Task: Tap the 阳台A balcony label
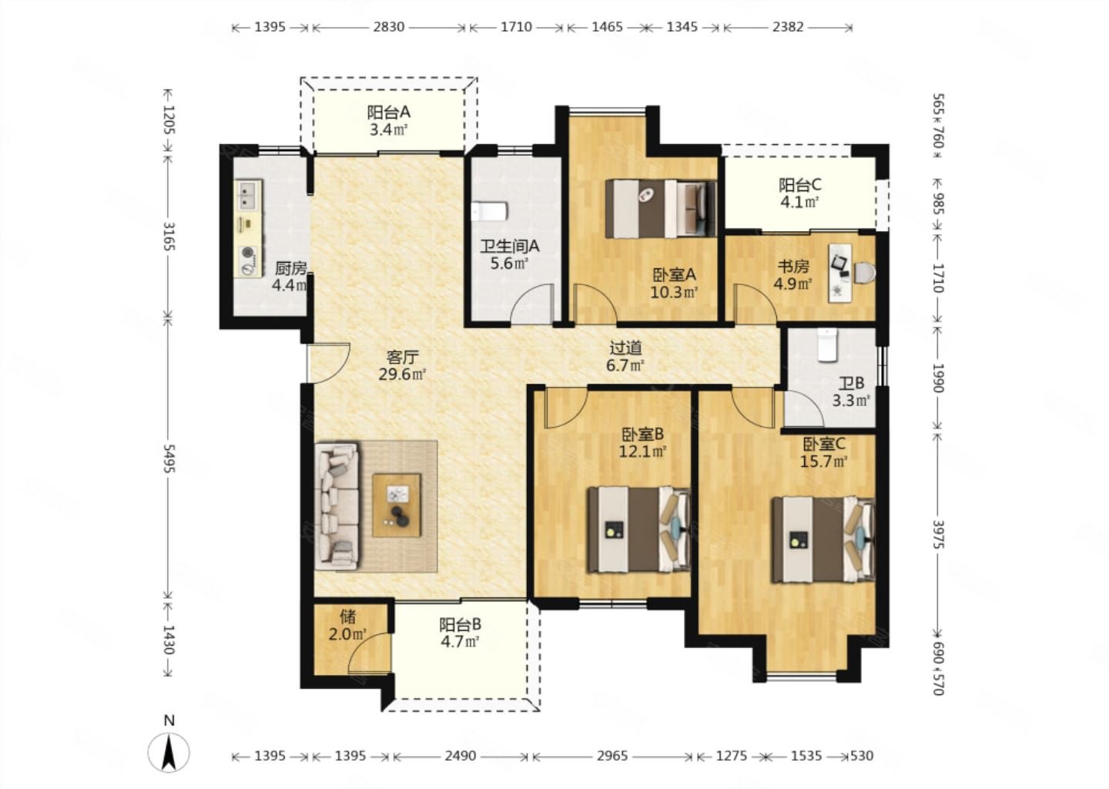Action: tap(389, 112)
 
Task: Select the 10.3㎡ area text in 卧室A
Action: tap(674, 292)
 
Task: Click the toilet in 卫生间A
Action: tap(490, 211)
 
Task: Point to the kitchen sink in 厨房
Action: tap(248, 195)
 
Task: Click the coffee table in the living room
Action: tap(397, 505)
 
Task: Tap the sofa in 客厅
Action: tap(337, 506)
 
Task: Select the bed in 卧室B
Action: tap(639, 529)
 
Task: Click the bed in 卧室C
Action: tap(823, 539)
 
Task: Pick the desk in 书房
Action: tap(841, 272)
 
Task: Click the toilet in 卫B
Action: tap(827, 344)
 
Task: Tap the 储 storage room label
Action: tap(347, 616)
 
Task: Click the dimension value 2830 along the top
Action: tap(389, 27)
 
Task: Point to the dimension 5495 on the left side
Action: tap(169, 459)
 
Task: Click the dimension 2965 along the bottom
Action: tap(612, 756)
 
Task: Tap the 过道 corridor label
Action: tap(625, 348)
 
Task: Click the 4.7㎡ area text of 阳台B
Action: tap(460, 642)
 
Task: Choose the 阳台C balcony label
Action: tap(800, 185)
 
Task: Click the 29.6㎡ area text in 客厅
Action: tap(402, 374)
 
